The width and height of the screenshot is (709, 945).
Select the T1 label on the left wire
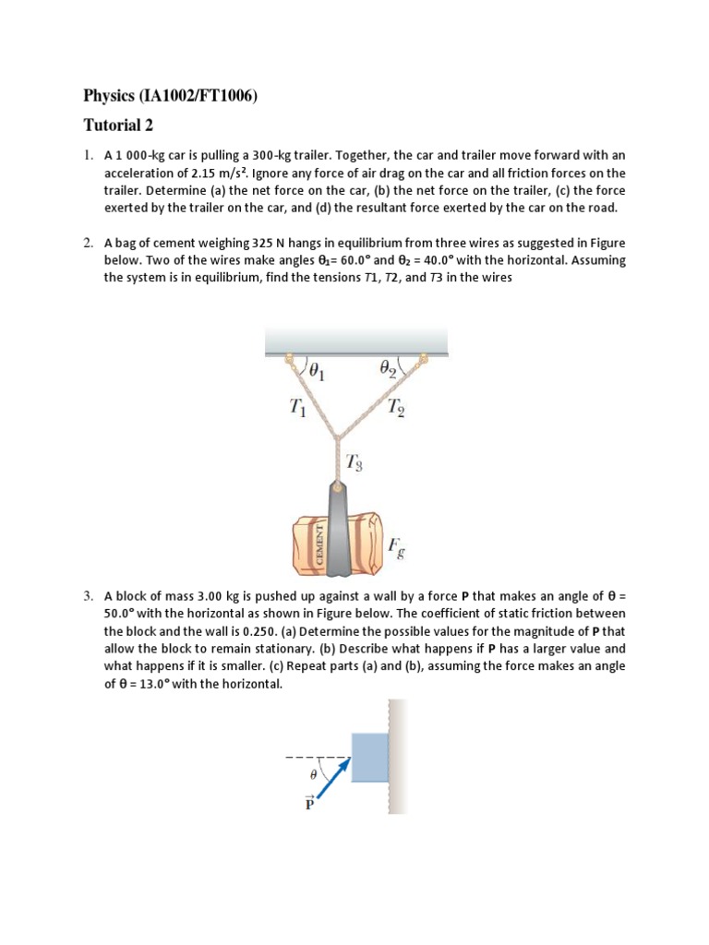[296, 405]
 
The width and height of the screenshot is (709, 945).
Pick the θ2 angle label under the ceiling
[389, 369]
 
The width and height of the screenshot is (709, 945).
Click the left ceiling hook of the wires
[288, 359]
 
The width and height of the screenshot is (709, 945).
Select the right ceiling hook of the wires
[424, 359]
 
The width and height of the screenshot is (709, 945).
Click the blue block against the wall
[369, 756]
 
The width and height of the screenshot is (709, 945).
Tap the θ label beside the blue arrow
[312, 776]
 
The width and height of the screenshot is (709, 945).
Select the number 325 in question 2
[263, 244]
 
